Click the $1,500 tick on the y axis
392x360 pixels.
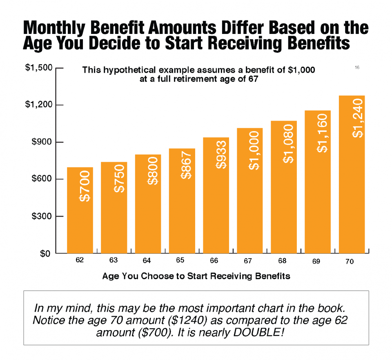pyautogui.click(x=40, y=68)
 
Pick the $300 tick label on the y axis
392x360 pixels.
pyautogui.click(x=42, y=216)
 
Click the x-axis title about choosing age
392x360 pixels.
pyautogui.click(x=196, y=276)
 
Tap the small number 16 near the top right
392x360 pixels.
pyautogui.click(x=357, y=67)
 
